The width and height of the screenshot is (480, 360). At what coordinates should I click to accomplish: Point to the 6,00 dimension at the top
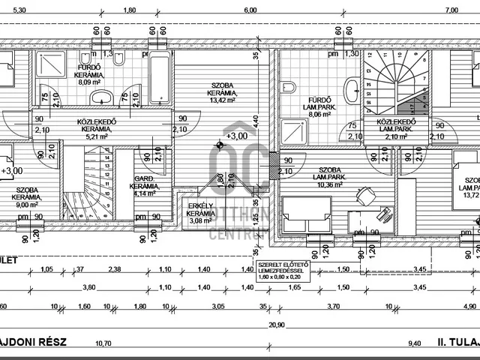coord(250,10)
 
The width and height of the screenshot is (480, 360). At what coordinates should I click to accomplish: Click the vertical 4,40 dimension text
coord(255,119)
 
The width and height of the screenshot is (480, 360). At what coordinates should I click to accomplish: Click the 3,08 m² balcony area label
coord(200,221)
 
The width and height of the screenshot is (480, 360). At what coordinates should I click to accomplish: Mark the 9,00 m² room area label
coord(27,204)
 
